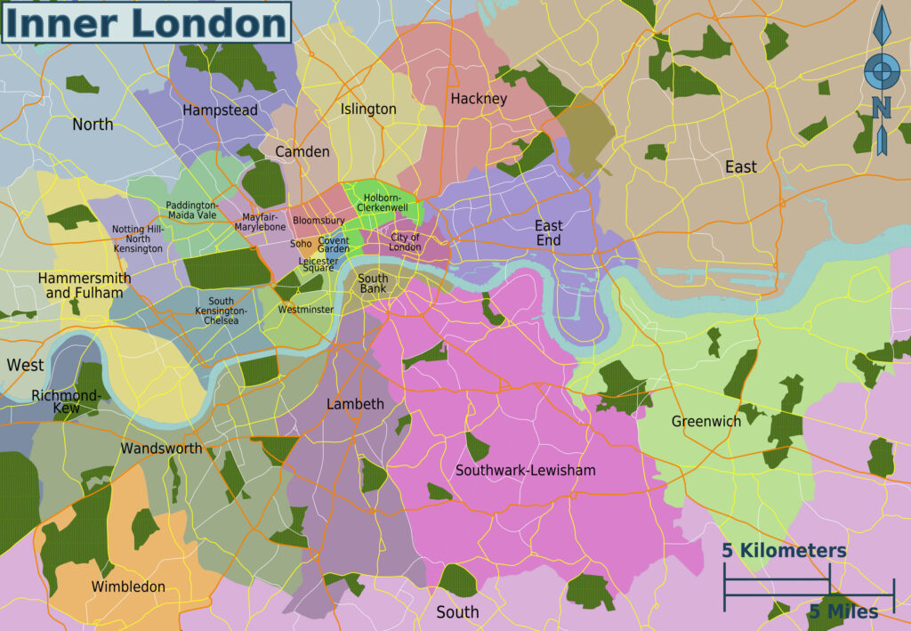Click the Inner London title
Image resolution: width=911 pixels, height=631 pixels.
146,22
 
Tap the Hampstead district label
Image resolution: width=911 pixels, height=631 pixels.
220,110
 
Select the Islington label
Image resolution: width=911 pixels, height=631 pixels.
368,109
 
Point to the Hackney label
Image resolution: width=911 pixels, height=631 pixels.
478,99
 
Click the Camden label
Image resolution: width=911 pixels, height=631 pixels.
302,151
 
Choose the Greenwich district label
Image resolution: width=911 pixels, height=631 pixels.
705,421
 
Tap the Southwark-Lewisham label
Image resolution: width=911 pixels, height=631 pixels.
525,470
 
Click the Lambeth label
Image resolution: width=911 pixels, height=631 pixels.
355,404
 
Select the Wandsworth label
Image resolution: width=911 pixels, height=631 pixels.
161,449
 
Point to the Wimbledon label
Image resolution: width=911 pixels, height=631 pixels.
128,587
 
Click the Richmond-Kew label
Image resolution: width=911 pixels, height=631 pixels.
67,401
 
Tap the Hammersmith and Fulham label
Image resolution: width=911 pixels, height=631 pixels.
85,285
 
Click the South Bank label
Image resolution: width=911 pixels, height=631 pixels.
373,284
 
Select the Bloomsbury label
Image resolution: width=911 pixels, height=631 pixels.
318,220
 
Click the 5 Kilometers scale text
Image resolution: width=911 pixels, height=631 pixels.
784,551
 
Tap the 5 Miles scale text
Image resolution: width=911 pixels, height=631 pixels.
842,611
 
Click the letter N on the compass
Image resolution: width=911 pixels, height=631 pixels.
881,108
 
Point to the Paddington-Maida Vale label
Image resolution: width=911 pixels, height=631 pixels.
191,210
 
